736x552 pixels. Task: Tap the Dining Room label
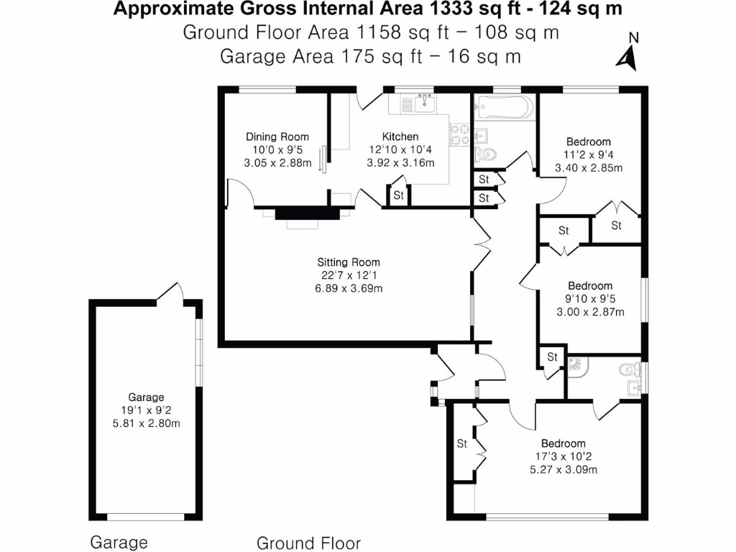click(277, 137)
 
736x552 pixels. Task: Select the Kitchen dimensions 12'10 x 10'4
click(400, 149)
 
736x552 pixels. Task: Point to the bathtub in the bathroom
click(503, 108)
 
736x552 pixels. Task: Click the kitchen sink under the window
click(424, 105)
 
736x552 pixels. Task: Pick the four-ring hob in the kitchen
click(459, 134)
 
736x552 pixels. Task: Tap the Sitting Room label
click(349, 262)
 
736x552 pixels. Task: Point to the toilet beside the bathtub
click(487, 153)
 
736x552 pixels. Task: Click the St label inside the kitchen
click(398, 195)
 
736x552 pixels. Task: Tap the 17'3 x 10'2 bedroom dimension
click(563, 456)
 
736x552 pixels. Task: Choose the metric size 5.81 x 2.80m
click(147, 423)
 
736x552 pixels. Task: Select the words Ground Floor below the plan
click(308, 543)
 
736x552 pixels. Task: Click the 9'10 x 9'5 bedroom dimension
click(589, 299)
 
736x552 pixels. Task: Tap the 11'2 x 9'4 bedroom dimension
click(588, 155)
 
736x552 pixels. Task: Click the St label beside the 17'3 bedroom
click(462, 443)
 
